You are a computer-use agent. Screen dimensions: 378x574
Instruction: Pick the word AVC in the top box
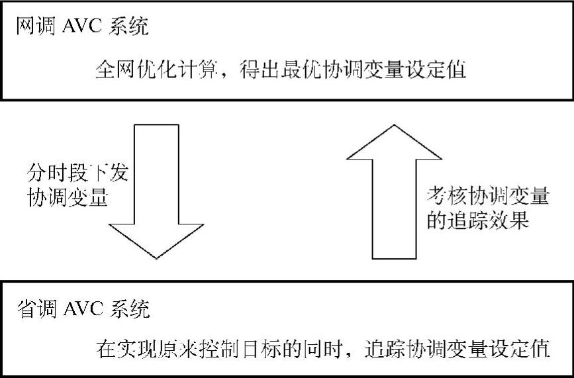coord(85,28)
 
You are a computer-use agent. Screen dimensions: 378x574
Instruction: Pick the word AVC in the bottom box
coord(85,309)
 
